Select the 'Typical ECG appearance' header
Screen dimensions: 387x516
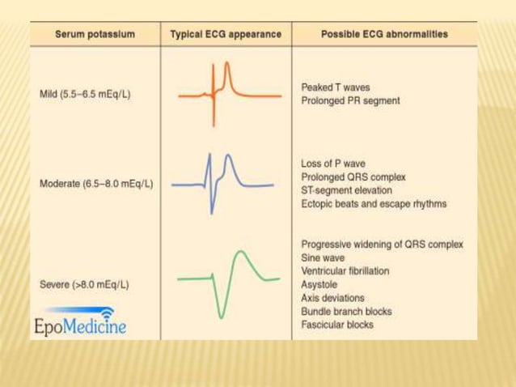point(226,36)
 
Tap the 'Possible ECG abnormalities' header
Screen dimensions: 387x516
point(384,36)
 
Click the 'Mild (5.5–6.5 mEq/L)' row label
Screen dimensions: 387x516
point(85,94)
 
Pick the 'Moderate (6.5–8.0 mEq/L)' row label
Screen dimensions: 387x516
point(96,184)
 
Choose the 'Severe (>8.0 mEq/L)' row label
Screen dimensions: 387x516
point(84,285)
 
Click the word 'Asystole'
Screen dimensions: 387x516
point(319,284)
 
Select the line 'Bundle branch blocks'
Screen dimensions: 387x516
point(346,312)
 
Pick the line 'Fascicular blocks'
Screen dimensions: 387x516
point(337,325)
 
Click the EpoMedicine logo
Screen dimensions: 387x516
point(80,323)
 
